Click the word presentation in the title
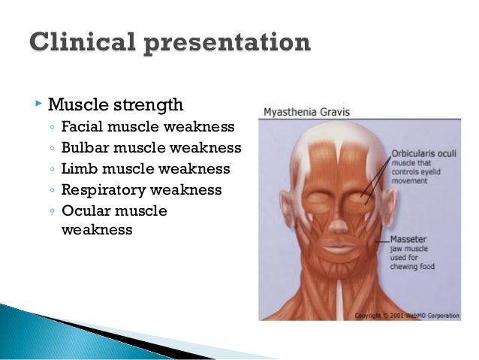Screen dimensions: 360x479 (226, 44)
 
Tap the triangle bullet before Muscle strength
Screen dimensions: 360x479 (38, 101)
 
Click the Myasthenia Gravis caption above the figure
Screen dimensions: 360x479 (306, 112)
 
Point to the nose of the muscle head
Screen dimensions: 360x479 (339, 217)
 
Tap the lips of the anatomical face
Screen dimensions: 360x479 (339, 247)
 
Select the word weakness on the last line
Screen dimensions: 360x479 (96, 230)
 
